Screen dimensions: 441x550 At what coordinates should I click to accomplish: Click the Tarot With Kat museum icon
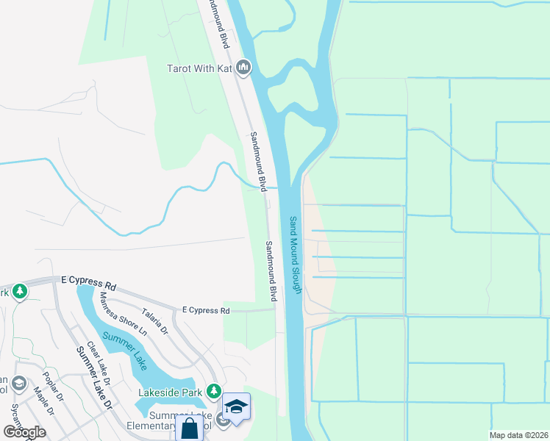pos(244,69)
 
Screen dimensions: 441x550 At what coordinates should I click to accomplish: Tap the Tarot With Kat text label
pos(199,69)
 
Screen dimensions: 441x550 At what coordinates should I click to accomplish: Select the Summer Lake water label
pos(125,350)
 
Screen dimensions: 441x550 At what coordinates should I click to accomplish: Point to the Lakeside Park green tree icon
pos(214,391)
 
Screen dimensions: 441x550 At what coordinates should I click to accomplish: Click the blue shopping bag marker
pos(190,429)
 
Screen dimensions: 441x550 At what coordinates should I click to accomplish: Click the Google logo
pos(24,431)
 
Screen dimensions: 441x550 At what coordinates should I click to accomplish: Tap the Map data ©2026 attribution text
pos(519,435)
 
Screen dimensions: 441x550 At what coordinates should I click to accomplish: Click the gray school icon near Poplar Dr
pos(18,384)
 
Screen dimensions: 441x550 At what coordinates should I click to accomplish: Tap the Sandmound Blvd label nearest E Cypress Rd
pos(271,271)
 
